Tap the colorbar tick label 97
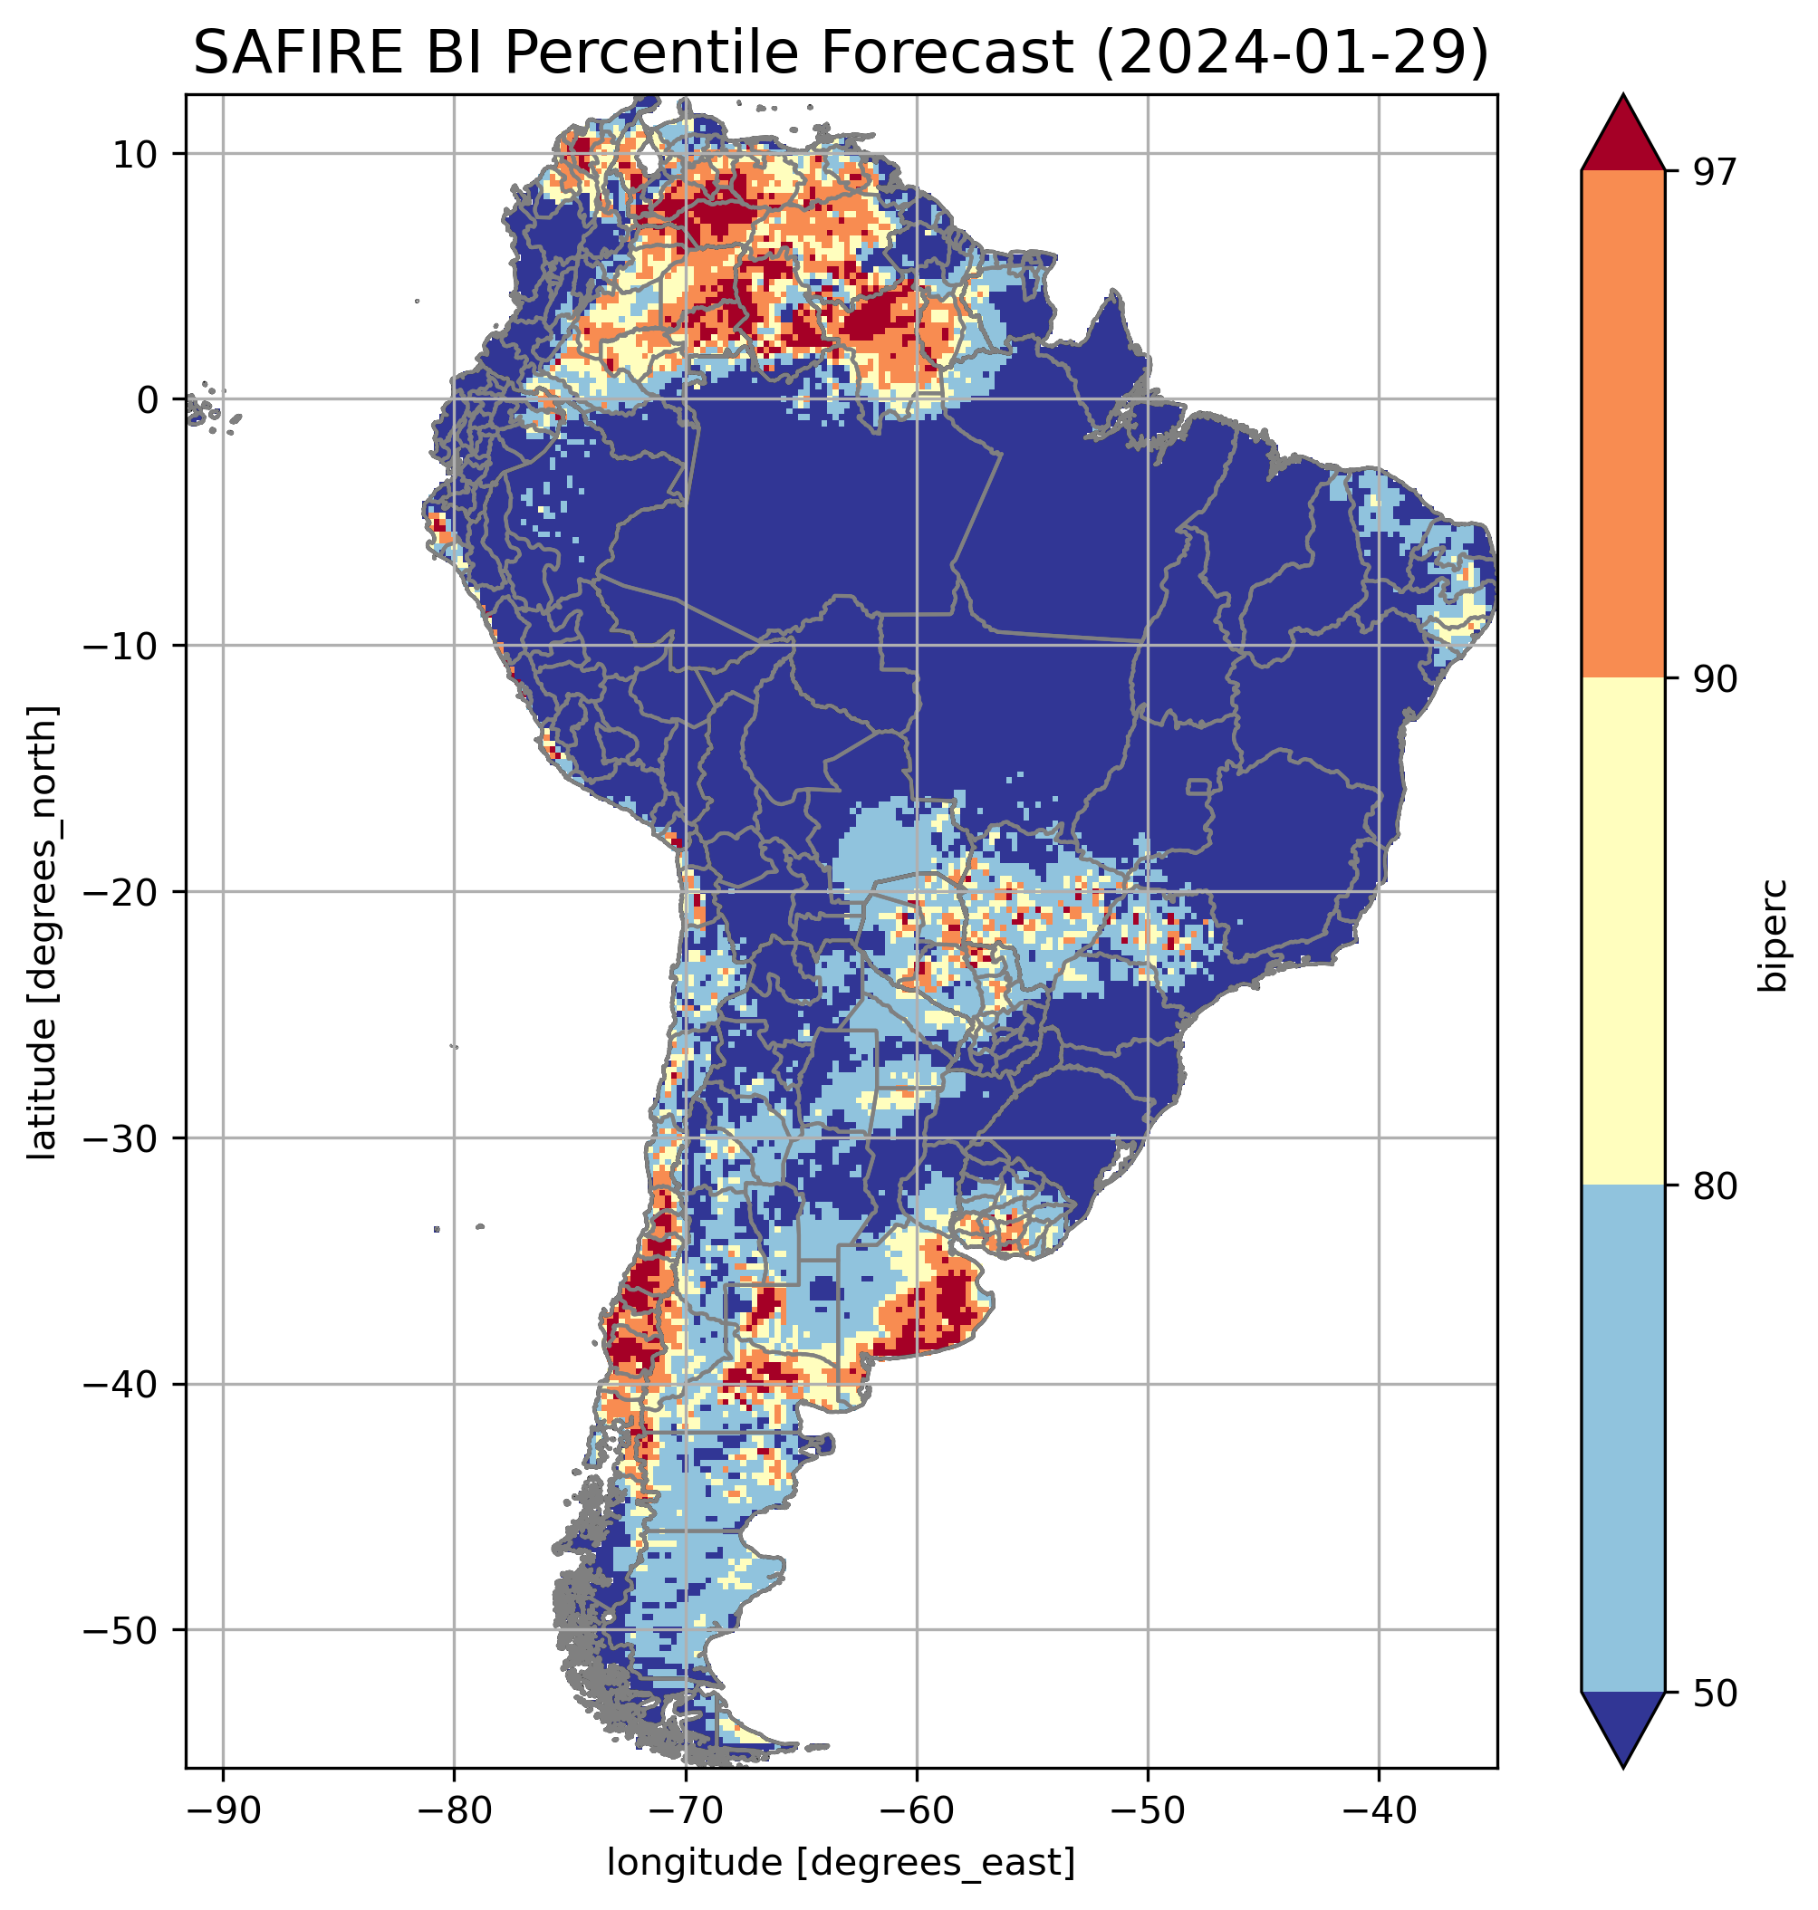tap(1715, 171)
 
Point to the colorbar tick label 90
tap(1715, 678)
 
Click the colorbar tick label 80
tap(1715, 1185)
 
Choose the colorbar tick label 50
tap(1715, 1693)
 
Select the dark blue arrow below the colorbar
tap(1622, 1728)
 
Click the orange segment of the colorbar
tap(1622, 425)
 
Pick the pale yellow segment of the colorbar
tap(1622, 930)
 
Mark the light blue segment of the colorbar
tap(1622, 1439)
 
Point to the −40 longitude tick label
tap(1378, 1811)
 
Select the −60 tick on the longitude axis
tap(916, 1811)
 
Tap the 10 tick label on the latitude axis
tap(136, 154)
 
